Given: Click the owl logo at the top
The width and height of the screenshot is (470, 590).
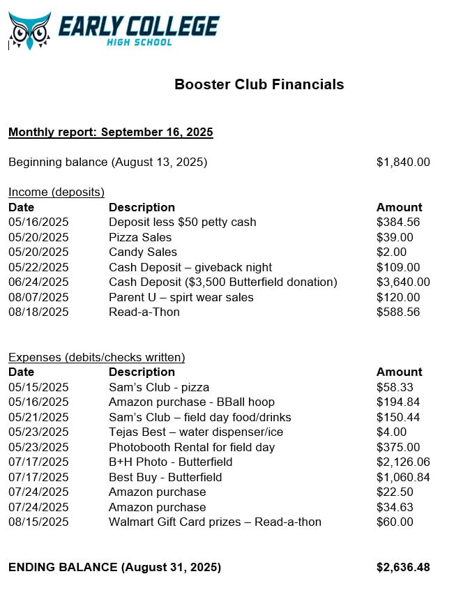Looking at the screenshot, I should pos(29,30).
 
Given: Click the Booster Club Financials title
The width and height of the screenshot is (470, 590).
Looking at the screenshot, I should pos(259,84).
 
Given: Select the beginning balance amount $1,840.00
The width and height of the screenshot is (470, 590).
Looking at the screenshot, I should pos(403,162).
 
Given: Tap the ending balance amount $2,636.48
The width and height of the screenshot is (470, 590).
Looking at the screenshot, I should pos(403,567).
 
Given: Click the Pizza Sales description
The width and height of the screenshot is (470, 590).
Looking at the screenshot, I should pos(140,237).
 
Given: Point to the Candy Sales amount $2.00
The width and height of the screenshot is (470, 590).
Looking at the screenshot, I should pos(391,252).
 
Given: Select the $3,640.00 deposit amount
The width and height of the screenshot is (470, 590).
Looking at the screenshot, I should pos(403,282).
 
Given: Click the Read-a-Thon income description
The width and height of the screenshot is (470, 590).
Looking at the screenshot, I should pos(144,312).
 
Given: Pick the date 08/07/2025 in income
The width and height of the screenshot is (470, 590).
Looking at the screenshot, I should pos(38,297).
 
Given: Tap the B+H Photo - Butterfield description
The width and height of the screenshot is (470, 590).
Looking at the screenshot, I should pos(170,462).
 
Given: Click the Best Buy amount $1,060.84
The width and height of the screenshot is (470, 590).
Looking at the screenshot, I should pos(403,477).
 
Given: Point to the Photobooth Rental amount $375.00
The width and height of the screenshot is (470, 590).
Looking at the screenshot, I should pos(398,447).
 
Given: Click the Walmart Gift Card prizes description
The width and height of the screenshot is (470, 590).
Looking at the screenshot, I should pos(215,522).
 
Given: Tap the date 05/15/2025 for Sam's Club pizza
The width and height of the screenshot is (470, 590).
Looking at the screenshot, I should pos(38,387).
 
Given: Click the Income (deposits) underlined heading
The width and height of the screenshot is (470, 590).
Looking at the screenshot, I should pos(56,192).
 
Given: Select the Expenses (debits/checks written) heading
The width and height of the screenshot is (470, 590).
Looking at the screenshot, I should pos(96,357).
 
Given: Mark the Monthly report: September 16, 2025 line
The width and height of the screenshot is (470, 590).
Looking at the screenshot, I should pos(110,132).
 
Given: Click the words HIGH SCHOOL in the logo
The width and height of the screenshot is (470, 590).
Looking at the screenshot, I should pos(139,43).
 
